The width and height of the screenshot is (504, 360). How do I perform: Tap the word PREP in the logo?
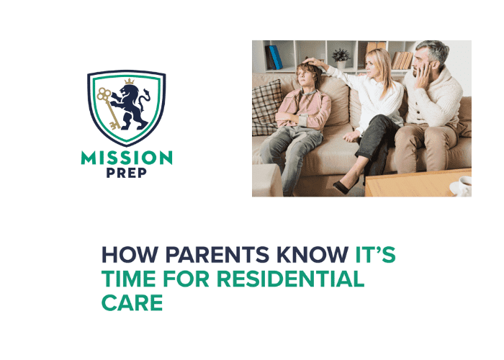pyautogui.click(x=126, y=175)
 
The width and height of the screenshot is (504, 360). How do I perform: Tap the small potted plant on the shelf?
pyautogui.click(x=340, y=56)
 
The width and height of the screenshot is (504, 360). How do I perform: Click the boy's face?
pyautogui.click(x=306, y=78)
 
